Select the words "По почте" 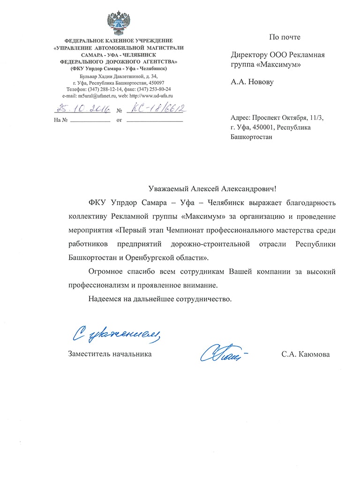tap(285, 37)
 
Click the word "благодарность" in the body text tap(305, 203)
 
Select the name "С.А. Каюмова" tap(306, 354)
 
